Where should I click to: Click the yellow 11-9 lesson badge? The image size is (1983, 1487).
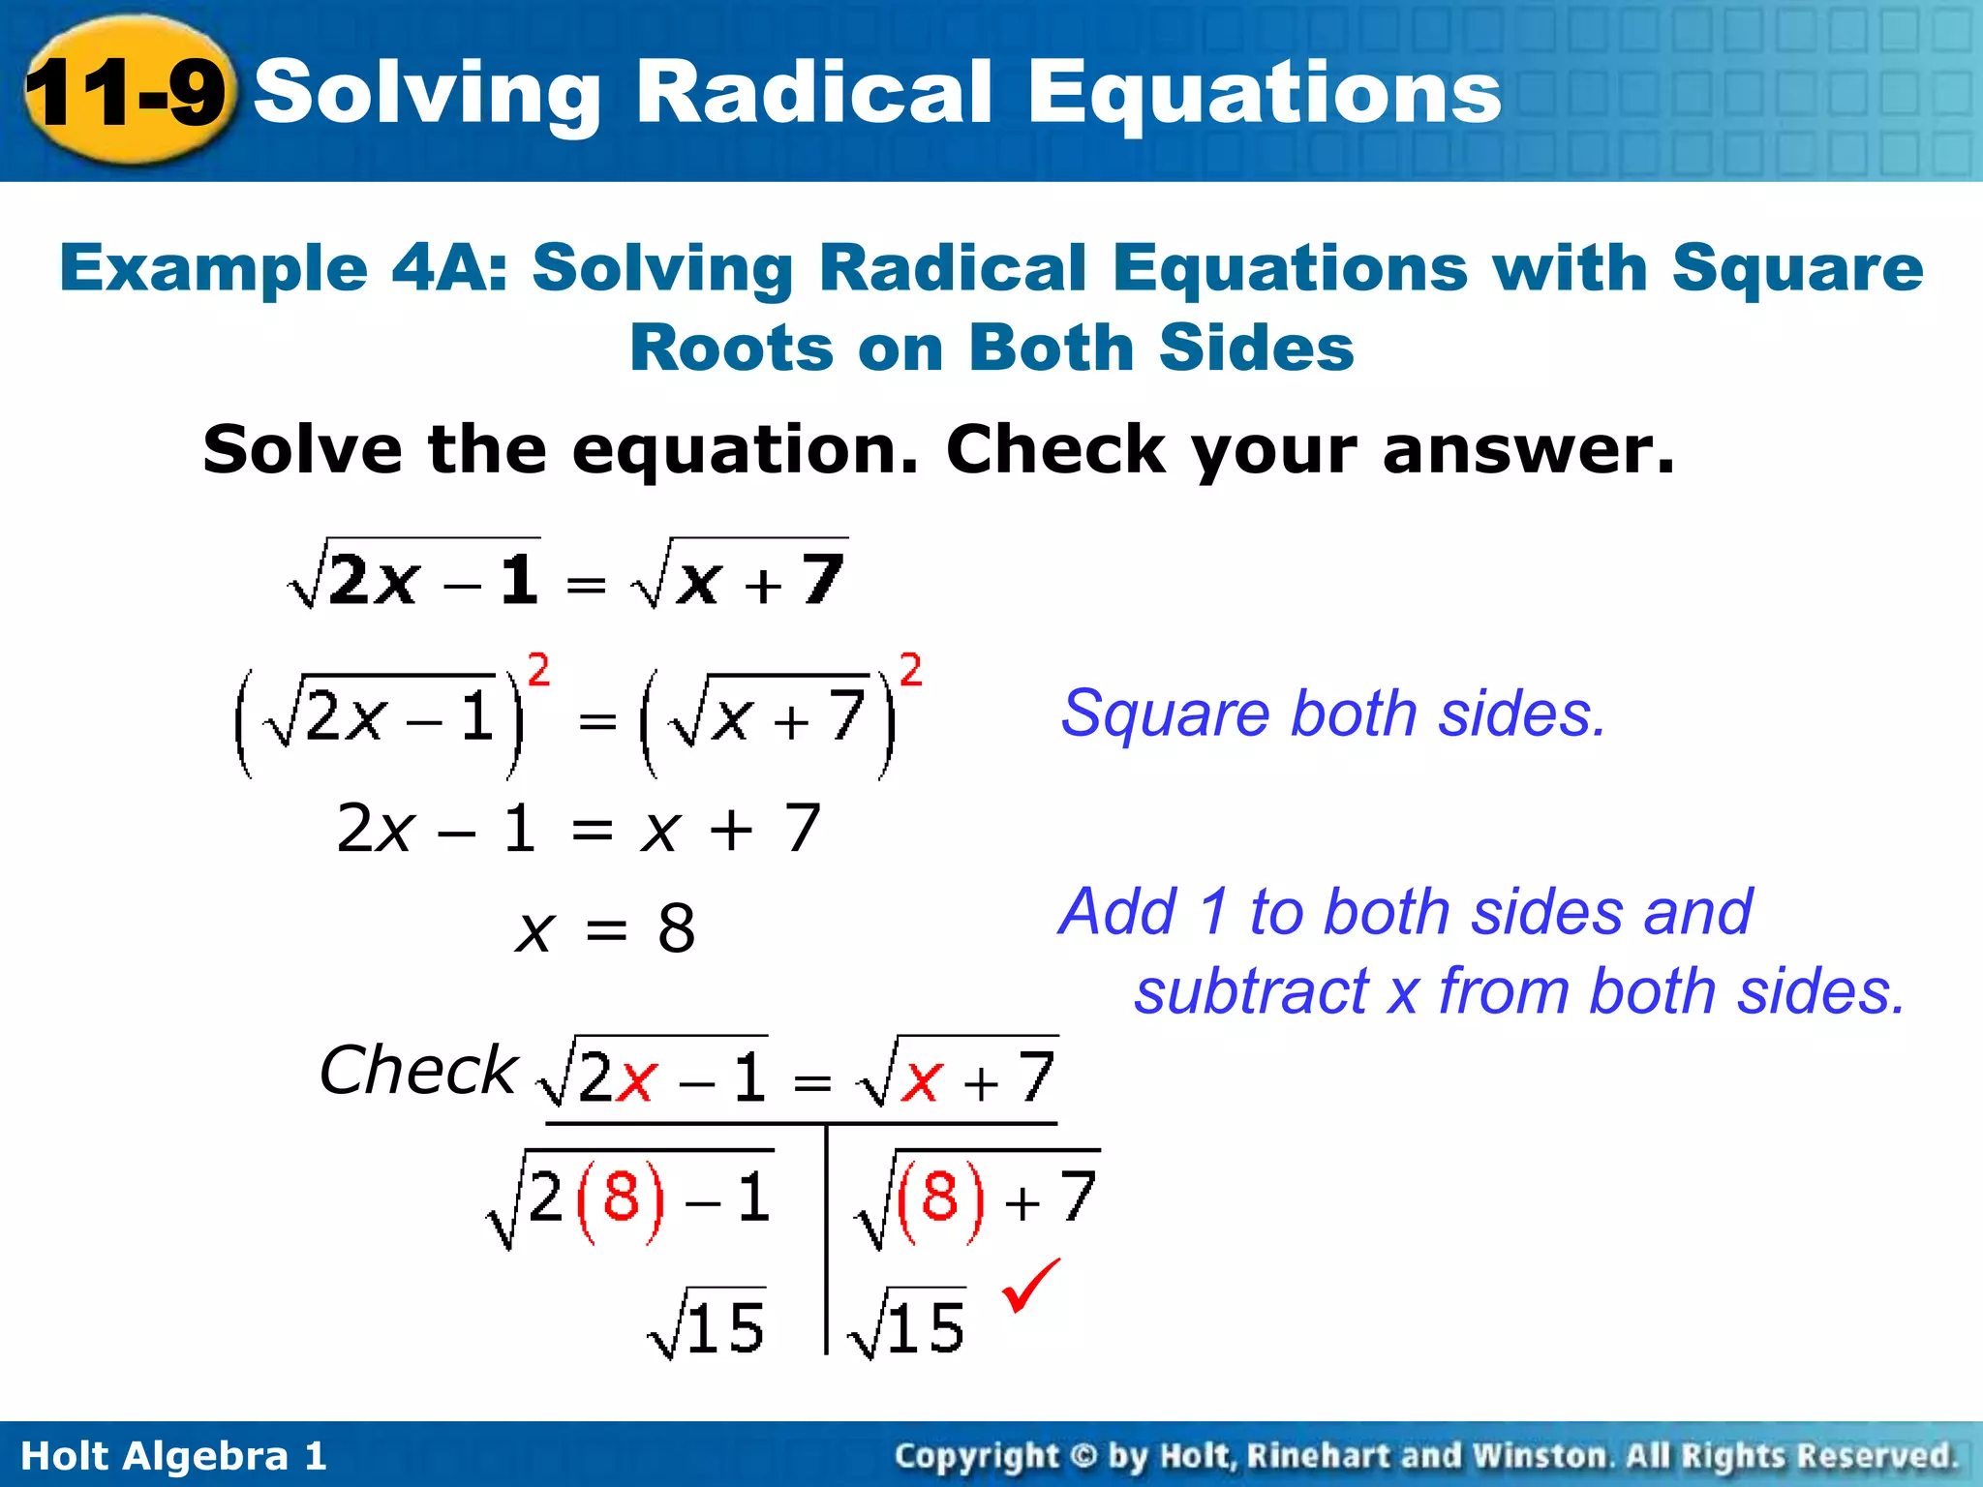(x=126, y=92)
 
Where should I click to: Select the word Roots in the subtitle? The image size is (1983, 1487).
(x=731, y=348)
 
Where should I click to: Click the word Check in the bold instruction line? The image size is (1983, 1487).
(x=1055, y=449)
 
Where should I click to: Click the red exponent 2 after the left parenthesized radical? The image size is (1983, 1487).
(x=538, y=670)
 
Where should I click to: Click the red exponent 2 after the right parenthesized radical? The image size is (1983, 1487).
(x=910, y=670)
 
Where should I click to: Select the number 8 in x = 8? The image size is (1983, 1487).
(x=676, y=928)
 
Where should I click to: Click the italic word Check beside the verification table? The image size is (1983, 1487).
(x=417, y=1071)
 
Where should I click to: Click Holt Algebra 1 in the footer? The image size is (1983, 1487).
(x=173, y=1456)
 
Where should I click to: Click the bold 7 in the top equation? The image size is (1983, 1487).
(x=823, y=579)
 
